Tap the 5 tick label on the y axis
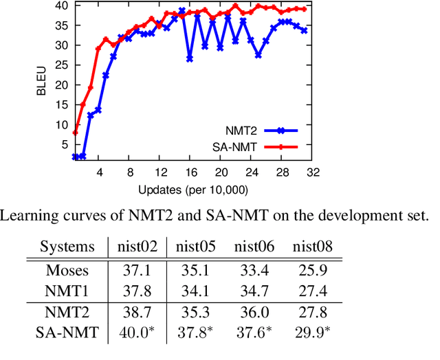click(x=63, y=145)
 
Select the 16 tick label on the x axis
click(x=190, y=172)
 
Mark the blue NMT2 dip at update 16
click(x=190, y=59)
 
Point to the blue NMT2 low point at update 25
click(x=258, y=55)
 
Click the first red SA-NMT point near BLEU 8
click(x=75, y=133)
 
